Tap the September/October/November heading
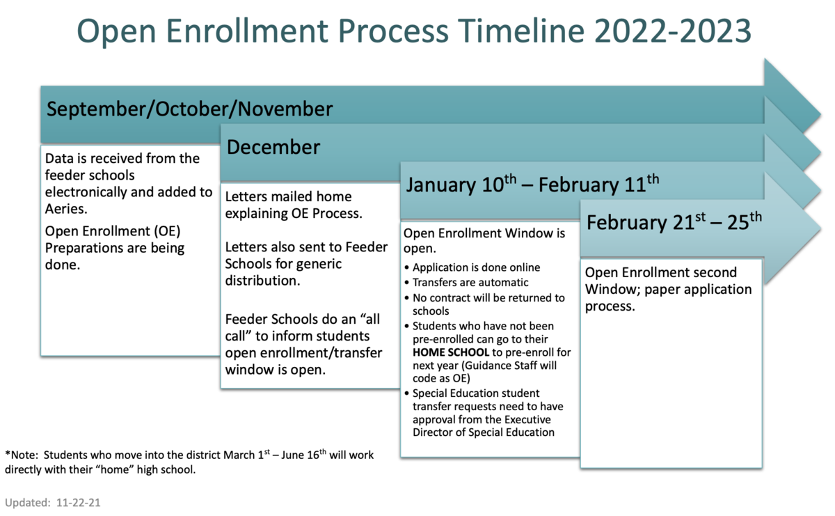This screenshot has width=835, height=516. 189,109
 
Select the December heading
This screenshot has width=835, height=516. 273,147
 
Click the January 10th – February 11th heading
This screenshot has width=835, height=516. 532,185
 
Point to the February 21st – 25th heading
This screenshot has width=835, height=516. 674,222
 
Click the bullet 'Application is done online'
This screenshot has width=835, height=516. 476,267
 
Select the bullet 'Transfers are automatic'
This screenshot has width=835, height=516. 470,283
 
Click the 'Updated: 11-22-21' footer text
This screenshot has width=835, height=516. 53,502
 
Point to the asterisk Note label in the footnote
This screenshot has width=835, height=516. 21,455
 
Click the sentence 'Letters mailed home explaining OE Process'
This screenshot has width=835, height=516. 293,205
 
